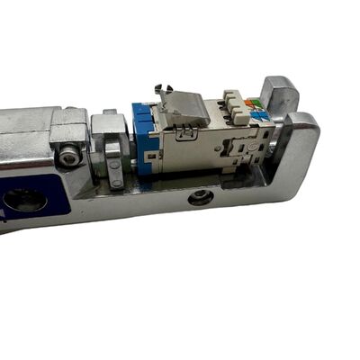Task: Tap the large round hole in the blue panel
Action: (x=24, y=201)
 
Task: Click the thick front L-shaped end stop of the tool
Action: (x=298, y=153)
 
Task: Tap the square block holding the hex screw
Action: (x=70, y=144)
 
